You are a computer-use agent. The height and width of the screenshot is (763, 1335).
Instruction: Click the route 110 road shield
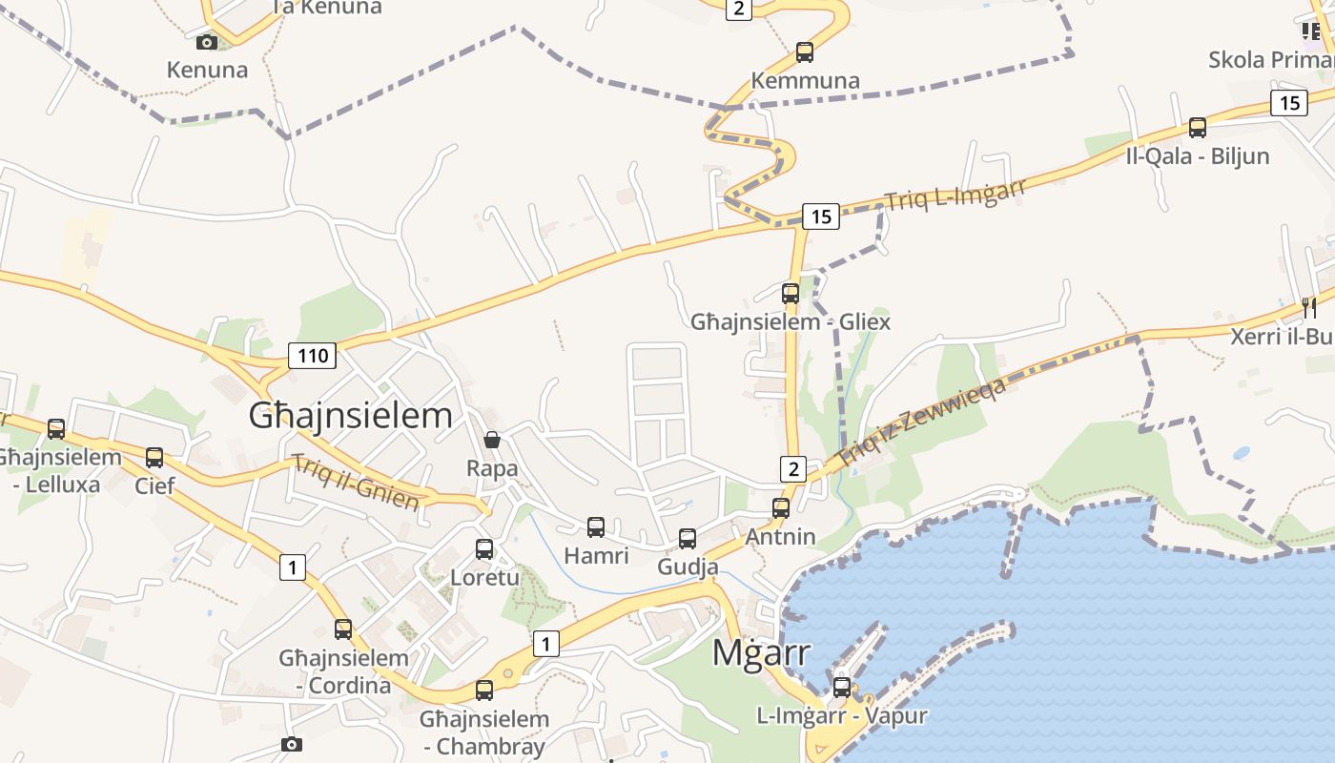click(313, 357)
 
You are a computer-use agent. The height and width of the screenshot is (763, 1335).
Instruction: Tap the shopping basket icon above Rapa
click(492, 440)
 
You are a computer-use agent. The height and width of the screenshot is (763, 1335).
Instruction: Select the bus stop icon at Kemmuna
click(805, 52)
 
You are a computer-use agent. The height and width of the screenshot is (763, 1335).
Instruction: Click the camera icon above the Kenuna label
click(207, 42)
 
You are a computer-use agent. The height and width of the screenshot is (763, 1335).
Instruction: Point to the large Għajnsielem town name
click(350, 416)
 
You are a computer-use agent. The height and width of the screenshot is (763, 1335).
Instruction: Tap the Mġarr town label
click(762, 653)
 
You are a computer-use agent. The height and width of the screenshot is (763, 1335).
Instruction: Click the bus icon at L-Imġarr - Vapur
click(841, 687)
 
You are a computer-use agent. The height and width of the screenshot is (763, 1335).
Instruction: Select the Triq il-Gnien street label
click(356, 483)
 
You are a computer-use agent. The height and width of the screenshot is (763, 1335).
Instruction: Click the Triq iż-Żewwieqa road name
click(923, 421)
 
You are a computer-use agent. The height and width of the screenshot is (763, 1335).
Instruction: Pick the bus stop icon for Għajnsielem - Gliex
click(791, 293)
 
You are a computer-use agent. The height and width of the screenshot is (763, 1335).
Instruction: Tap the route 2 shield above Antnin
click(793, 468)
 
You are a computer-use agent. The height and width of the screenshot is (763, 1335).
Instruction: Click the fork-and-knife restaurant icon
click(1309, 307)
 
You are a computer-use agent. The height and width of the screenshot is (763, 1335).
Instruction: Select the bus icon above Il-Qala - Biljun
click(1198, 127)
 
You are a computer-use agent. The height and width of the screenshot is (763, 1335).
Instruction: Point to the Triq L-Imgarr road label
click(955, 195)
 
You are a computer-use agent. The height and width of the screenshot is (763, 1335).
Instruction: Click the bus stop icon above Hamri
click(596, 526)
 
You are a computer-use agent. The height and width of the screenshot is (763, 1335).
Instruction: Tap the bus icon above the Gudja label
click(688, 539)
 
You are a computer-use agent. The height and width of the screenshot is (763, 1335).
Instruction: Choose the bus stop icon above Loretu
click(484, 549)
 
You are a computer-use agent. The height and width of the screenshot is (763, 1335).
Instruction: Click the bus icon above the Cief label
click(154, 457)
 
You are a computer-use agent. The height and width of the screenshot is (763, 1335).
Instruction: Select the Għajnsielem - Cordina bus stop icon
click(343, 629)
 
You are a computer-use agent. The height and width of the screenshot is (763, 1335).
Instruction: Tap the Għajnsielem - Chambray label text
click(484, 732)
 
